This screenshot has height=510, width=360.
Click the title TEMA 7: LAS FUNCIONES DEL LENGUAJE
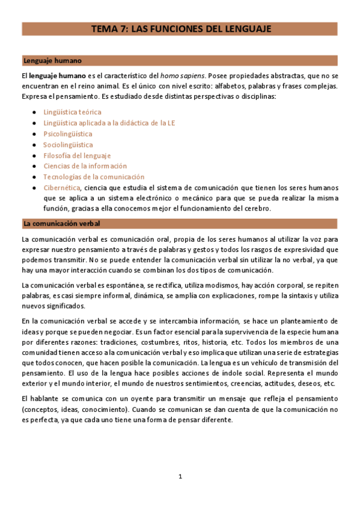click(181, 28)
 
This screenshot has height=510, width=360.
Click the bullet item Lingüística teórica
click(72, 112)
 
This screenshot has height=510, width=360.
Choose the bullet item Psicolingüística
click(68, 134)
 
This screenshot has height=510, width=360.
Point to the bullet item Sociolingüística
click(68, 144)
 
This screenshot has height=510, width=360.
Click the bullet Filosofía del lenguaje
click(77, 155)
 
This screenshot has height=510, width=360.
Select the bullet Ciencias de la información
click(85, 166)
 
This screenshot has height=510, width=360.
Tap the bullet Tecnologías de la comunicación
click(94, 177)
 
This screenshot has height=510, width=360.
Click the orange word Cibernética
click(61, 188)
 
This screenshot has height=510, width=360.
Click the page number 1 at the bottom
click(180, 477)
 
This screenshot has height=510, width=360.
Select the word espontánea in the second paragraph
click(109, 284)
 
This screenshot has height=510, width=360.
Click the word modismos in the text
click(199, 284)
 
